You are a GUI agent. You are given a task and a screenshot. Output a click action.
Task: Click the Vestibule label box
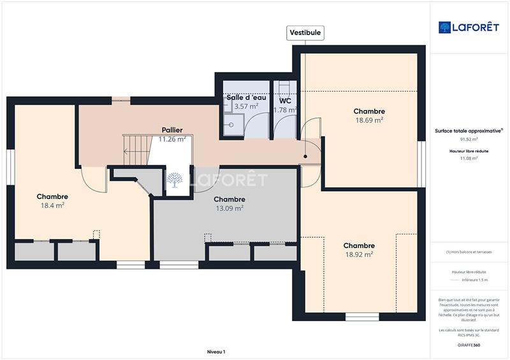click(305, 32)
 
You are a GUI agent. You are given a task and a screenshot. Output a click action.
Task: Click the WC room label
click(285, 100)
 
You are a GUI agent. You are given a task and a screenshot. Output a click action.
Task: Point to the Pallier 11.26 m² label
click(171, 134)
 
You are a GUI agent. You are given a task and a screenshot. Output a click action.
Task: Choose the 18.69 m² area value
click(369, 120)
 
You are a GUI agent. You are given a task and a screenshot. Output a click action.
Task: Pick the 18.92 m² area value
click(358, 254)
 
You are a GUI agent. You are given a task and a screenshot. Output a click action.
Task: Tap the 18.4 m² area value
click(52, 205)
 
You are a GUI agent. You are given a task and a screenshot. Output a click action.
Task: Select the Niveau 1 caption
click(216, 352)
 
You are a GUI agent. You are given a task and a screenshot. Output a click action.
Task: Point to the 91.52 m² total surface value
click(469, 139)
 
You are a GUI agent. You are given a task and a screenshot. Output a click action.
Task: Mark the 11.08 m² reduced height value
click(469, 159)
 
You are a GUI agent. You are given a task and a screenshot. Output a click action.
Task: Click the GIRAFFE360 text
click(469, 345)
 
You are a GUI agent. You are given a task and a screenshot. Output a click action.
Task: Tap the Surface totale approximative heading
click(469, 131)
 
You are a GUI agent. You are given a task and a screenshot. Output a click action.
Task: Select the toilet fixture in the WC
click(284, 87)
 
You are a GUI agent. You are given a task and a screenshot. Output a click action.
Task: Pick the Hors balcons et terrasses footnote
click(469, 252)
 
